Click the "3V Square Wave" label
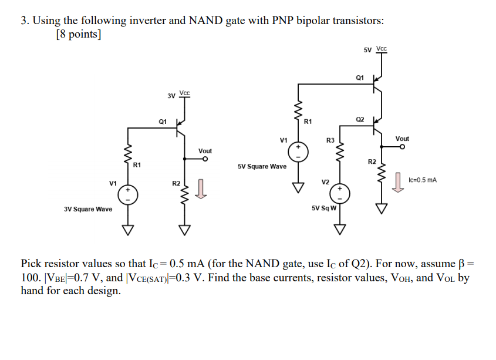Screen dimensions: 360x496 [x=88, y=209]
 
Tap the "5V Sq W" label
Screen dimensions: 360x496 [x=324, y=208]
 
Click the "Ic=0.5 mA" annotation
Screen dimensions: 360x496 [x=423, y=180]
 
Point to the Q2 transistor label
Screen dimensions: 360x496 [x=360, y=119]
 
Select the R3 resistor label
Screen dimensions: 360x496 [x=330, y=140]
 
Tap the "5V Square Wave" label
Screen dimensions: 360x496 [x=262, y=166]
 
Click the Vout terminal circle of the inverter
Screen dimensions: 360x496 [x=205, y=159]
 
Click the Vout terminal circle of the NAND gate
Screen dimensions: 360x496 [x=402, y=147]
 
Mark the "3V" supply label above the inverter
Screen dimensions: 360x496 [x=171, y=95]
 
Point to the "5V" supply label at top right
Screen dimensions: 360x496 [x=368, y=50]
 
